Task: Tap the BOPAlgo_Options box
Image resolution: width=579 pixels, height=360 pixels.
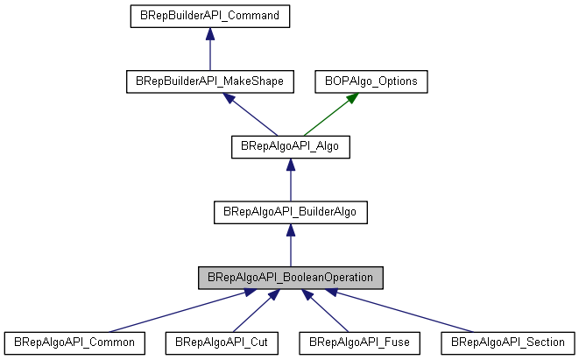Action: pos(371,81)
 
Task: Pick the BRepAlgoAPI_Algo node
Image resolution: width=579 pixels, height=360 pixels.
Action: pos(290,146)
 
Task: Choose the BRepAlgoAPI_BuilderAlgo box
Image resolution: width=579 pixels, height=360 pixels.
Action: pos(290,211)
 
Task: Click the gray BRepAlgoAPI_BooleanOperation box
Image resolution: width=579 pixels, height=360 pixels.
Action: pos(290,277)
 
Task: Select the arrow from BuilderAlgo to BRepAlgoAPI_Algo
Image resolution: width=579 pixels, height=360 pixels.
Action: pos(290,180)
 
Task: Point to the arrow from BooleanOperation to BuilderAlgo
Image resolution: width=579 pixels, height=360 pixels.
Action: pos(290,245)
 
